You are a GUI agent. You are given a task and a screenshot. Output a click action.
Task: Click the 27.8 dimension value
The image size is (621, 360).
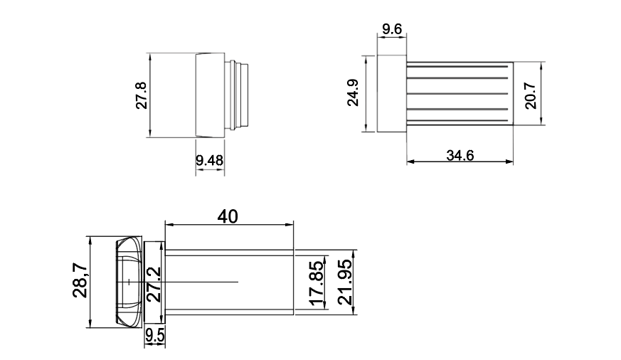141,95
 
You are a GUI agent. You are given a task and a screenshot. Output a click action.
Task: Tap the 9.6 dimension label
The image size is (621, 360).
392,29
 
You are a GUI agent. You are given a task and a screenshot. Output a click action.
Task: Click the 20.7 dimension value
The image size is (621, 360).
531,95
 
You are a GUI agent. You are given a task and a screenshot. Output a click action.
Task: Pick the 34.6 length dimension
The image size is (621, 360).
460,155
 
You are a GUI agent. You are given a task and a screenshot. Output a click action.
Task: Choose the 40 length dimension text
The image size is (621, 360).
228,216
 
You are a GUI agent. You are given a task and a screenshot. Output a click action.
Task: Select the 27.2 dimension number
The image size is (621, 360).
153,282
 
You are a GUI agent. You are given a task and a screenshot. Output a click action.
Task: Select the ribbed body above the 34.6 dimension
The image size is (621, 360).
460,93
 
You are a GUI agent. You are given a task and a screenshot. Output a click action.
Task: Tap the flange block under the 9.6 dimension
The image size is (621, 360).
391,94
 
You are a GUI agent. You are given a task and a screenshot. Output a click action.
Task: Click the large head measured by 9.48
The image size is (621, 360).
209,95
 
